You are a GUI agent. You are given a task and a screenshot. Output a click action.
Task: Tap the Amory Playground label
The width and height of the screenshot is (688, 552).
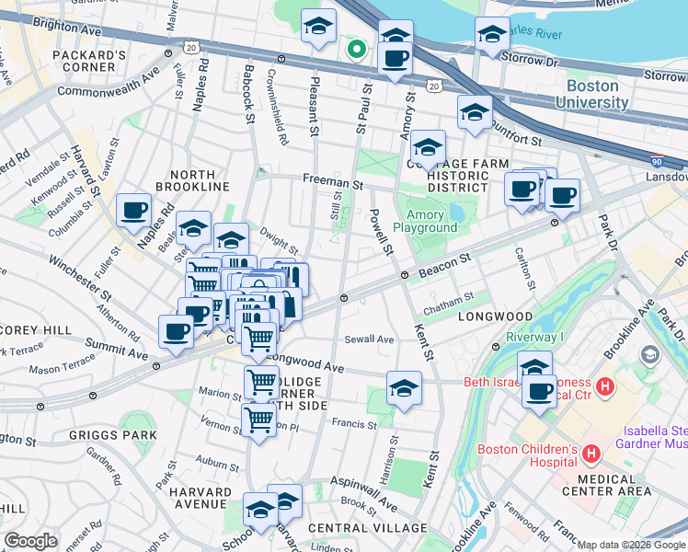[x=425, y=220]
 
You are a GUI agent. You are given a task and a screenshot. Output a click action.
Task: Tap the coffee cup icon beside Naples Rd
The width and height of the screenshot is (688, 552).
[x=133, y=210]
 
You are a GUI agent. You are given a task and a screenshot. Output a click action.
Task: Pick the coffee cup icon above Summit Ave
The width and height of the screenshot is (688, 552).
[x=175, y=331]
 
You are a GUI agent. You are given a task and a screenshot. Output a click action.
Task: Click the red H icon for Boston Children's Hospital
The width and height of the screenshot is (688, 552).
[x=591, y=454]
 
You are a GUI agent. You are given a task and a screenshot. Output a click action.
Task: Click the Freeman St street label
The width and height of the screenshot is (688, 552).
[x=327, y=182]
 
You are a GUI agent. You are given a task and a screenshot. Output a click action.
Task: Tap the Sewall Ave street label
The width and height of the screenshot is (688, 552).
[x=369, y=339]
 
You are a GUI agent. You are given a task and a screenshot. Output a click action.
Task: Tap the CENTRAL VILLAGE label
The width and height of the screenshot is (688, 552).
[x=368, y=528]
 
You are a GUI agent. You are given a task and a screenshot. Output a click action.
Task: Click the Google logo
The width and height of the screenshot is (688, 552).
[x=30, y=541]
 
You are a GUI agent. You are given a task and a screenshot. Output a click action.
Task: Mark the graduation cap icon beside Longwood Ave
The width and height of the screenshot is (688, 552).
[x=404, y=388]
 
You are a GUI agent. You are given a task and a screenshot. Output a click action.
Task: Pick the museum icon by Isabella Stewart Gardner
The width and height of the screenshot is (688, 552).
[x=651, y=354]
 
